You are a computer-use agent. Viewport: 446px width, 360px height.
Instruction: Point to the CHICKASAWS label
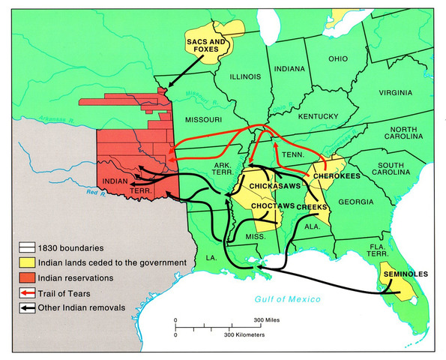pos(268,184)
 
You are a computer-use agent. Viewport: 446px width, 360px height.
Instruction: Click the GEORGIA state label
pos(355,202)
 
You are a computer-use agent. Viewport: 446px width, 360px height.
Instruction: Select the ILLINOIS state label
pos(234,75)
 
